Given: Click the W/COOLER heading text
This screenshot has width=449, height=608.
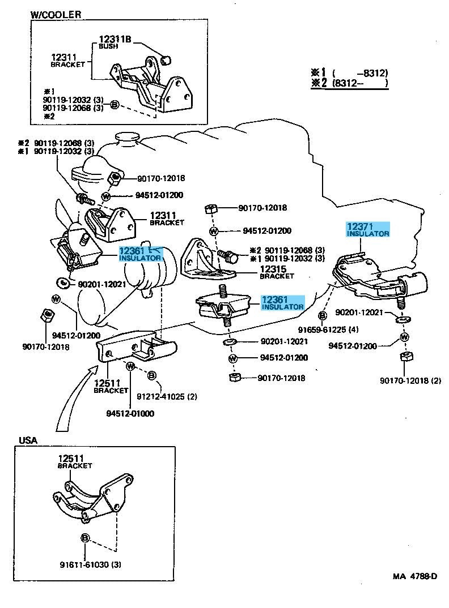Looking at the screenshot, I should point(55,14).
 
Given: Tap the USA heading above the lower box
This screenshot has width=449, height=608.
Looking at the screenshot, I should point(28,440).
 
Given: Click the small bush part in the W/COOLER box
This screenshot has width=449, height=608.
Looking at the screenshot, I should point(167,58).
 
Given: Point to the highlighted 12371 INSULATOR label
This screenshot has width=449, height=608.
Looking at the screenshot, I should point(368,229).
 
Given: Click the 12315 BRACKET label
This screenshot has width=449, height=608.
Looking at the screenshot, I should point(277,272).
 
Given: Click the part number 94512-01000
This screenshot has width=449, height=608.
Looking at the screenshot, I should point(130,413).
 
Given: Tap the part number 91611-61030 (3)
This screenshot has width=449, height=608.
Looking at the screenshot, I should point(90,564).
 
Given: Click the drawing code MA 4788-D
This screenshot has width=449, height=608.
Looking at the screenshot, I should point(415,577).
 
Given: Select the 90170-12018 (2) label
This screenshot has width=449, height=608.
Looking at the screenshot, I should point(410,380).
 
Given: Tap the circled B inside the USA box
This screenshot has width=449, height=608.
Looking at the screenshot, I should point(85,537).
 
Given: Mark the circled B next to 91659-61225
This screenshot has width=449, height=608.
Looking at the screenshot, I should point(322,315).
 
